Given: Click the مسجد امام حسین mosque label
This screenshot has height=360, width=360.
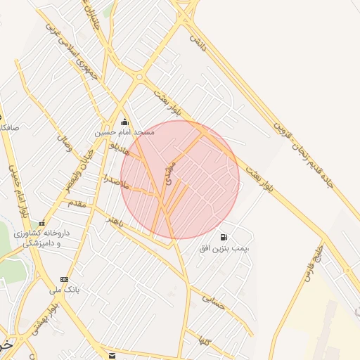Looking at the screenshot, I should pyautogui.click(x=125, y=132).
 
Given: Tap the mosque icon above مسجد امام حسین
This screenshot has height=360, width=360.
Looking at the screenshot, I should pyautogui.click(x=125, y=122).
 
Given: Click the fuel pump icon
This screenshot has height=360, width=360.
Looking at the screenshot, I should pyautogui.click(x=224, y=238).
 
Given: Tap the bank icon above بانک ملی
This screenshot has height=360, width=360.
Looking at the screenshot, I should pyautogui.click(x=65, y=279).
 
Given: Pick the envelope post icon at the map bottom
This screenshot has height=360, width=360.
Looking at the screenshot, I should pyautogui.click(x=112, y=355).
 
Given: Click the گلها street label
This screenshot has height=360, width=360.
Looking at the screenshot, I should pyautogui.click(x=205, y=342).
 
